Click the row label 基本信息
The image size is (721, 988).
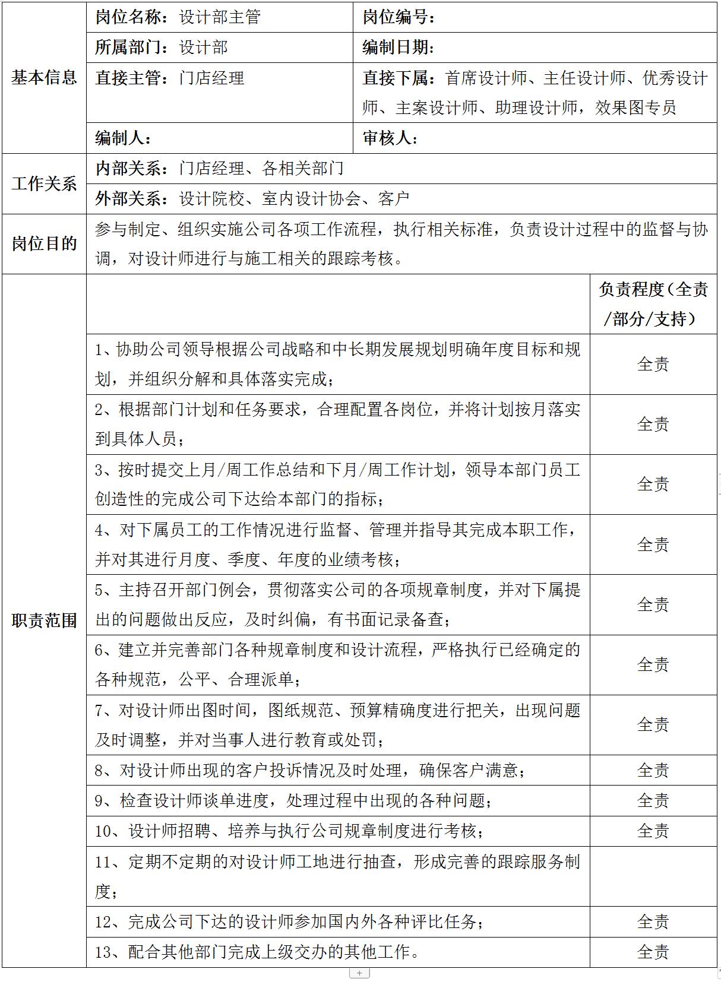click(44, 78)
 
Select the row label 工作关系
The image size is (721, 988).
click(44, 183)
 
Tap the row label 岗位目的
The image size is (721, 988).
click(44, 243)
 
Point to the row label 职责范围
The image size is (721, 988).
click(44, 620)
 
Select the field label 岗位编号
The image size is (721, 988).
click(396, 17)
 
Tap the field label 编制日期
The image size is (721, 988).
click(396, 47)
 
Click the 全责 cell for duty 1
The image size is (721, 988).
click(653, 364)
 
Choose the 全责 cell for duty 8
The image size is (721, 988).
click(653, 770)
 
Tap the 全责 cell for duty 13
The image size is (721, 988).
click(653, 952)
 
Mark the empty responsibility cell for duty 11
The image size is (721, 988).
click(653, 876)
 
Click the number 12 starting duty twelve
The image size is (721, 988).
click(103, 921)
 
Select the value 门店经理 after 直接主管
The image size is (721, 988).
click(211, 78)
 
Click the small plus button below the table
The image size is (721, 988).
click(360, 973)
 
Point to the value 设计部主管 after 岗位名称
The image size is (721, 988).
click(220, 17)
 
